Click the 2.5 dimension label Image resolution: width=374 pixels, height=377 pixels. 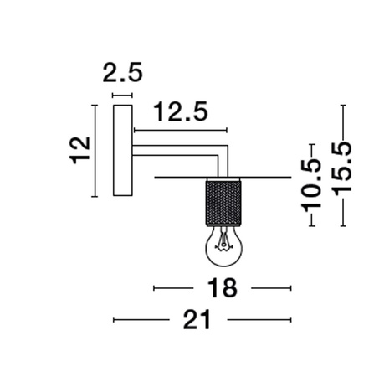coord(122,73)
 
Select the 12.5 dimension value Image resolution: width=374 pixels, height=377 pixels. coord(180,112)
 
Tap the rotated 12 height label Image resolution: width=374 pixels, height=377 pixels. coord(79,150)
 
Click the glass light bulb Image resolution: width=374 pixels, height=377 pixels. coord(222,244)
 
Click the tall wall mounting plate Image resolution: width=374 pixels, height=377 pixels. coord(122,150)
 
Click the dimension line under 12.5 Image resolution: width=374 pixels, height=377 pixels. coord(180,131)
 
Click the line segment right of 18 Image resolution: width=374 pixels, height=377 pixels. coord(269,288)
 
